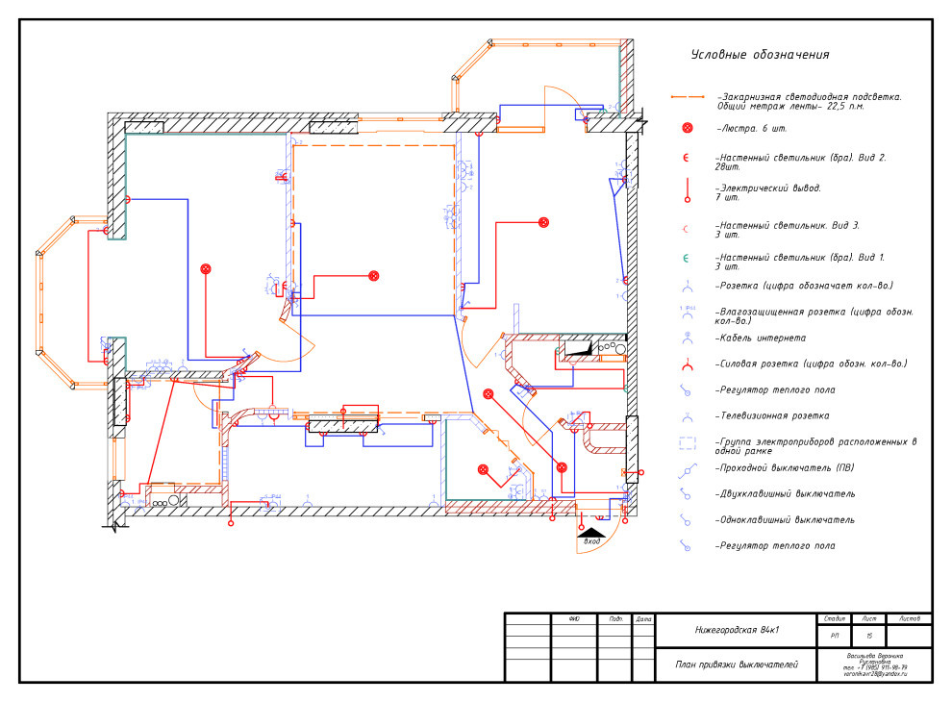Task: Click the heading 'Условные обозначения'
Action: [x=760, y=55]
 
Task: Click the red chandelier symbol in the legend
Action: [x=687, y=128]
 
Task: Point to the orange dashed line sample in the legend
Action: [x=687, y=98]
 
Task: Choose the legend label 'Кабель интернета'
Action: [x=761, y=338]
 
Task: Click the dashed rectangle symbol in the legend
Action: [x=687, y=443]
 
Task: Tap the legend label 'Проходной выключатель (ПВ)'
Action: [x=780, y=468]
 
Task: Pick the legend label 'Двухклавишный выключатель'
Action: [x=785, y=494]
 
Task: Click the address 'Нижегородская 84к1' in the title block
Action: [x=737, y=631]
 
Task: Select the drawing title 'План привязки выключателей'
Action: [x=737, y=664]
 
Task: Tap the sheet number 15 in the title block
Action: [x=869, y=636]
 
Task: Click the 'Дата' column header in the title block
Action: [x=643, y=618]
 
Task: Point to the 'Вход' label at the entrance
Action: [x=592, y=542]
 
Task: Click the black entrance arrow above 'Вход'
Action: [x=592, y=530]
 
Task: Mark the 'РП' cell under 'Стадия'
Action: [x=833, y=636]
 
